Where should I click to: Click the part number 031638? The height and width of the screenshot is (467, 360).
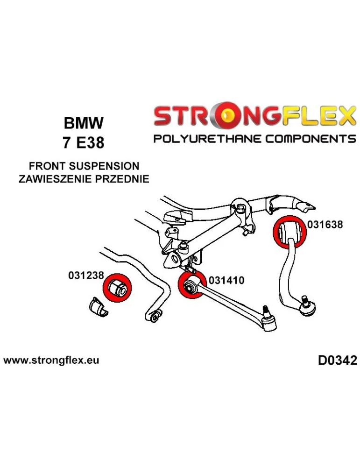[x=325, y=224]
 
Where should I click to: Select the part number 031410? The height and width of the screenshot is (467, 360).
[x=226, y=280]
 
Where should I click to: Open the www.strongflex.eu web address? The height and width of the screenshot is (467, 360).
[x=51, y=361]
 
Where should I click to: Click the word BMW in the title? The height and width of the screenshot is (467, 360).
[x=84, y=124]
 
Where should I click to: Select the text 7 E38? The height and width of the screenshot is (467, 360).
[x=84, y=142]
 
